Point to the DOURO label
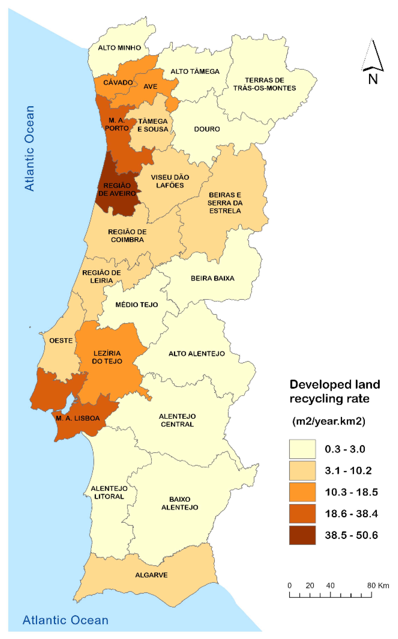[x=207, y=129]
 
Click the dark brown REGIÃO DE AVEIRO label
[x=117, y=189]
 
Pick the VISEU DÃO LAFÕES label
[x=170, y=181]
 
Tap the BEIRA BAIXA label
[x=212, y=278]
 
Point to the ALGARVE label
[x=151, y=575]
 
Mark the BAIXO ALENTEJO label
[x=180, y=503]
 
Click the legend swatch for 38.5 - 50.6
[x=302, y=535]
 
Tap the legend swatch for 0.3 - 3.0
[x=302, y=449]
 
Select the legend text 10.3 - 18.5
[x=351, y=492]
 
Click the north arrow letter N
[x=373, y=79]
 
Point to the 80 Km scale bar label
[x=378, y=586]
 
